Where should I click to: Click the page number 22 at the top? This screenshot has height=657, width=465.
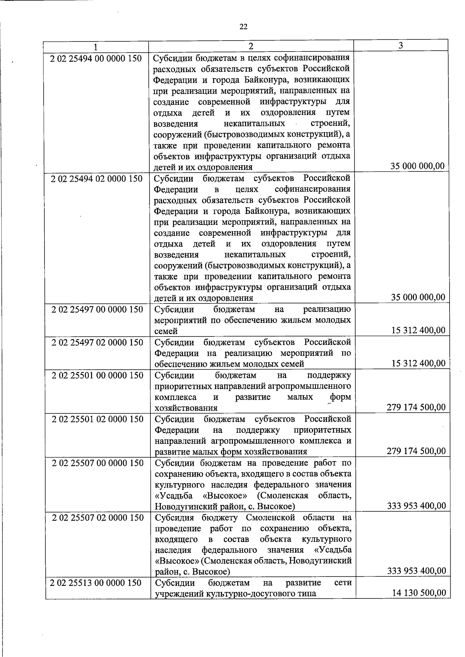(243, 27)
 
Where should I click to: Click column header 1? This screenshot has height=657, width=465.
(95, 46)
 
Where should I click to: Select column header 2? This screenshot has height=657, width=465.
(251, 46)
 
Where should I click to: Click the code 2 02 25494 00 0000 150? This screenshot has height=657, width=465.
(96, 59)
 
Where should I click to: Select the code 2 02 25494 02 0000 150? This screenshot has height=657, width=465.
(97, 179)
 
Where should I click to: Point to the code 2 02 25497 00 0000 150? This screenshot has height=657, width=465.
(97, 310)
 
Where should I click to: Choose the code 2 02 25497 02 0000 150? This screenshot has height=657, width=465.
(97, 343)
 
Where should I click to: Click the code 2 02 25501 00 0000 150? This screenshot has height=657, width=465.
(98, 376)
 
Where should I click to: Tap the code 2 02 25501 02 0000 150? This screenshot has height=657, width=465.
(98, 419)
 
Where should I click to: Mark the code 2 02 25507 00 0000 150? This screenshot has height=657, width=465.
(98, 463)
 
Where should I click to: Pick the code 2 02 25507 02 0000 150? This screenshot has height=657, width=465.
(98, 518)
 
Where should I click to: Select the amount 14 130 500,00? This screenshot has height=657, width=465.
(419, 593)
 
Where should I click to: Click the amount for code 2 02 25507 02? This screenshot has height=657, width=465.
(417, 571)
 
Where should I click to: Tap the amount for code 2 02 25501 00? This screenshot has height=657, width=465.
(416, 407)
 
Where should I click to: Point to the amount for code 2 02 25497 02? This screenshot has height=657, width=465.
(418, 363)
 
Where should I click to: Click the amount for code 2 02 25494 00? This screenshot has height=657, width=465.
(418, 166)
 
